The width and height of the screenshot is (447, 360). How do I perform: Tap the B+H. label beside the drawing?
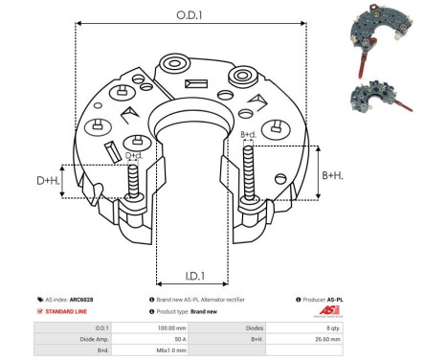click(331, 175)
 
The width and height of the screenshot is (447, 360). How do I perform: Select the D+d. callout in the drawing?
click(134, 155)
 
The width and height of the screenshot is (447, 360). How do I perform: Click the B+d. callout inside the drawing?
click(249, 135)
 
